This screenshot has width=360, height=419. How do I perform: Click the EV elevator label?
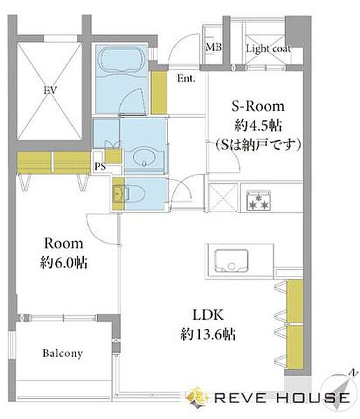point(49,90)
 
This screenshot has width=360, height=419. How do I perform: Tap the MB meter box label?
point(213,48)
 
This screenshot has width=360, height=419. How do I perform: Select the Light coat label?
point(268,49)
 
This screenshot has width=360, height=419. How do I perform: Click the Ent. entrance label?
point(186,79)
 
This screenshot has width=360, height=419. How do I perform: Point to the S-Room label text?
point(258,107)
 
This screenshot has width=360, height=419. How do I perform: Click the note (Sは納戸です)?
point(258,145)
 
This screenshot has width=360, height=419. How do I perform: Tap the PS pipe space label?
point(101,166)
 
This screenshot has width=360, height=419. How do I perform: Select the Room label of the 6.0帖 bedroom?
point(64,244)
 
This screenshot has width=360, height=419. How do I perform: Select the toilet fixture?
point(129,191)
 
